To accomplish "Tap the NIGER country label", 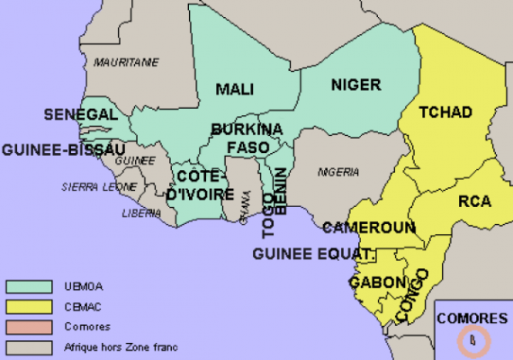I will (355, 85).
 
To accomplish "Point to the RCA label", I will (473, 202).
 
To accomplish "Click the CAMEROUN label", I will (368, 228).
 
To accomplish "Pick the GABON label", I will (378, 283).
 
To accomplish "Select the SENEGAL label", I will (80, 115).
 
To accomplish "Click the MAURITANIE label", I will (127, 62).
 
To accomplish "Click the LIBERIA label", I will (141, 213).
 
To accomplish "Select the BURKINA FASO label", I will (247, 138).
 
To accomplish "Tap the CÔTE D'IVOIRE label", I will (201, 184).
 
